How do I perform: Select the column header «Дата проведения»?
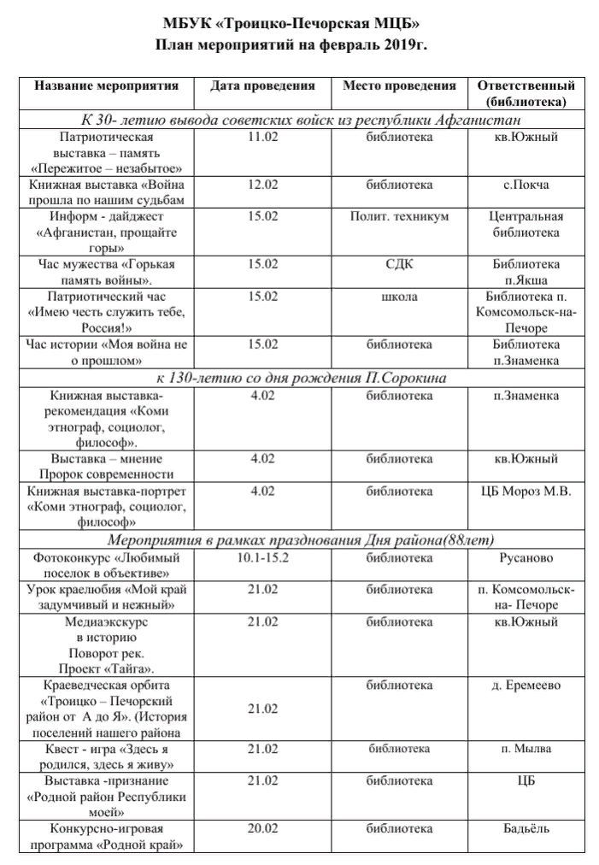[262, 85]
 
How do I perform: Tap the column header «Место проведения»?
[399, 85]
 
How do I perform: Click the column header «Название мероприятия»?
[107, 85]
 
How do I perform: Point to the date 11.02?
[262, 137]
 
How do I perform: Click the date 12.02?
[262, 185]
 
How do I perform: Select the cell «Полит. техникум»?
[399, 216]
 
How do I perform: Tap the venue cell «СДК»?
[399, 264]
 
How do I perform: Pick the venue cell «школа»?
[399, 297]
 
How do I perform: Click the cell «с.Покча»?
[526, 185]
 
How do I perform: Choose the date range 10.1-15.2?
[262, 558]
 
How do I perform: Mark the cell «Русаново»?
[526, 558]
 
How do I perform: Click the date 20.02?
[262, 828]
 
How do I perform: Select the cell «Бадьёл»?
[526, 828]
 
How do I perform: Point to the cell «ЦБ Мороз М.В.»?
[526, 491]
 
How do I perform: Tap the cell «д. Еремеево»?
[526, 686]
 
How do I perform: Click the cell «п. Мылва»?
[526, 749]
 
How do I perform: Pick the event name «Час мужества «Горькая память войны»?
[107, 272]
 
